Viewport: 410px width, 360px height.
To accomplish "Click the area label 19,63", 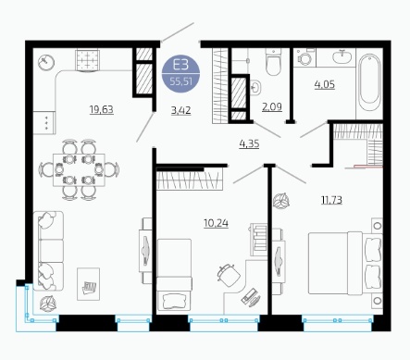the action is pyautogui.click(x=102, y=109).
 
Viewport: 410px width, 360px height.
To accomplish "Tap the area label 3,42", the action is pyautogui.click(x=180, y=110).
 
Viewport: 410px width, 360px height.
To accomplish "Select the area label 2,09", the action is pyautogui.click(x=272, y=107).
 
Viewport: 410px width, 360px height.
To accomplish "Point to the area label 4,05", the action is pyautogui.click(x=325, y=84).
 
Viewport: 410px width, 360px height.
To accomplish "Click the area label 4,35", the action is pyautogui.click(x=249, y=143).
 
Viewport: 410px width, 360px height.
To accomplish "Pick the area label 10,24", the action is pyautogui.click(x=216, y=223).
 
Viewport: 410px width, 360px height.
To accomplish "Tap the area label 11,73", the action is pyautogui.click(x=331, y=200).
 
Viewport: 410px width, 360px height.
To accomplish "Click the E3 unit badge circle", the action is pyautogui.click(x=180, y=74).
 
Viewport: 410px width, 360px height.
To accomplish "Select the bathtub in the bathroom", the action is pyautogui.click(x=369, y=83).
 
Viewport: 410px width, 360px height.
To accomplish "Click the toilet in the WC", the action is pyautogui.click(x=273, y=62).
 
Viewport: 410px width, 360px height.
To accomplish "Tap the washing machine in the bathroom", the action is pyautogui.click(x=304, y=57).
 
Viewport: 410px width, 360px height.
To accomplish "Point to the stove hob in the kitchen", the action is pyautogui.click(x=88, y=60).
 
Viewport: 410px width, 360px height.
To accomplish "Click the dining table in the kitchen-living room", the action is pyautogui.click(x=79, y=170).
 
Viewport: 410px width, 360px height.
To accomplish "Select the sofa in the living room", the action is pyautogui.click(x=48, y=251).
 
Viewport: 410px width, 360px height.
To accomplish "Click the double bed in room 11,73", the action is pyautogui.click(x=345, y=264).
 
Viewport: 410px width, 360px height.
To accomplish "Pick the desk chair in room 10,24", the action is pyautogui.click(x=229, y=275).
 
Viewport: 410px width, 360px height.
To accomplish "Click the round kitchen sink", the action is pyautogui.click(x=46, y=63).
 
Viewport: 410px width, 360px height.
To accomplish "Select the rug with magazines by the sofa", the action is pyautogui.click(x=88, y=284).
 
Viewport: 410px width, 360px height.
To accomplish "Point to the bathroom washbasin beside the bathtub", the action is pyautogui.click(x=342, y=56).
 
